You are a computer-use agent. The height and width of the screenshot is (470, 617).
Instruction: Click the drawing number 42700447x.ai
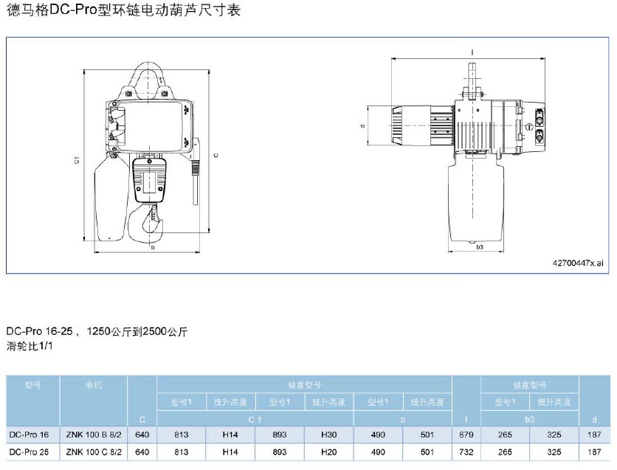coord(577,263)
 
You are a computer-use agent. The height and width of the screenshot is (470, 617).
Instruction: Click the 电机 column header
coord(94,385)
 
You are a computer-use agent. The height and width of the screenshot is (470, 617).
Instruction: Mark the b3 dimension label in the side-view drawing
coord(479,247)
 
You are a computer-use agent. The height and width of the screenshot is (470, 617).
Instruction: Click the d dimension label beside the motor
coord(363,126)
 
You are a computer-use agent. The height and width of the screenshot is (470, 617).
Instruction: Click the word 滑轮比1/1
coord(32,345)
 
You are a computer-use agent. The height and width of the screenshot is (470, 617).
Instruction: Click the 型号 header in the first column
coord(32,385)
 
